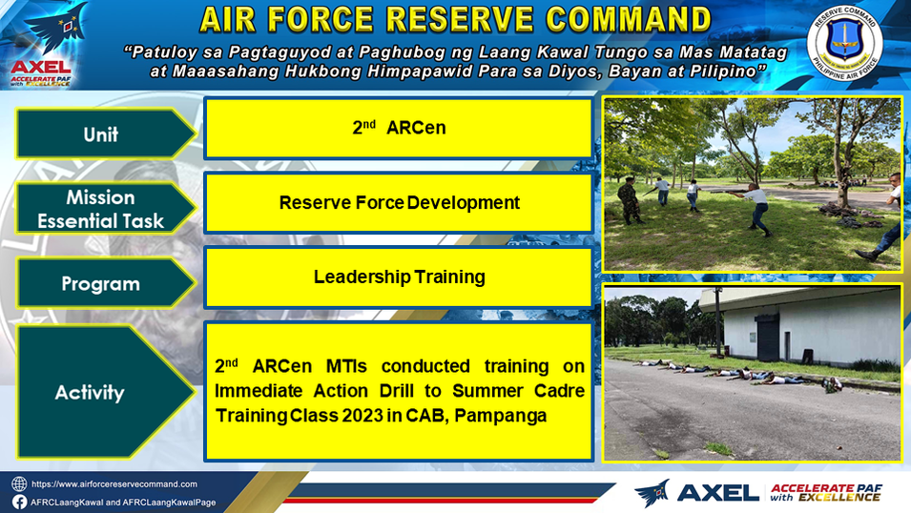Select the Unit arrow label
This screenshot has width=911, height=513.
pyautogui.click(x=105, y=133)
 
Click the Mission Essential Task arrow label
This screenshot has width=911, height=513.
pyautogui.click(x=105, y=209)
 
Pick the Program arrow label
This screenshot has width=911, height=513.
pyautogui.click(x=105, y=283)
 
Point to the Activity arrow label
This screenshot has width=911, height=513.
pyautogui.click(x=105, y=392)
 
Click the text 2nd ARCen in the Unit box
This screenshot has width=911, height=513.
pyautogui.click(x=399, y=127)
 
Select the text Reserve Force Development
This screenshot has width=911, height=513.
pyautogui.click(x=399, y=202)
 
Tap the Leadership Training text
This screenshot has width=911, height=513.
pyautogui.click(x=399, y=277)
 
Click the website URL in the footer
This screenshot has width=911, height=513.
pyautogui.click(x=114, y=484)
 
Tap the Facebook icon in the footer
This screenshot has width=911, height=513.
pyautogui.click(x=19, y=502)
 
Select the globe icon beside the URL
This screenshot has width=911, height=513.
pyautogui.click(x=19, y=484)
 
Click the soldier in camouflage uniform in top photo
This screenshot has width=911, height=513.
pyautogui.click(x=630, y=200)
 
